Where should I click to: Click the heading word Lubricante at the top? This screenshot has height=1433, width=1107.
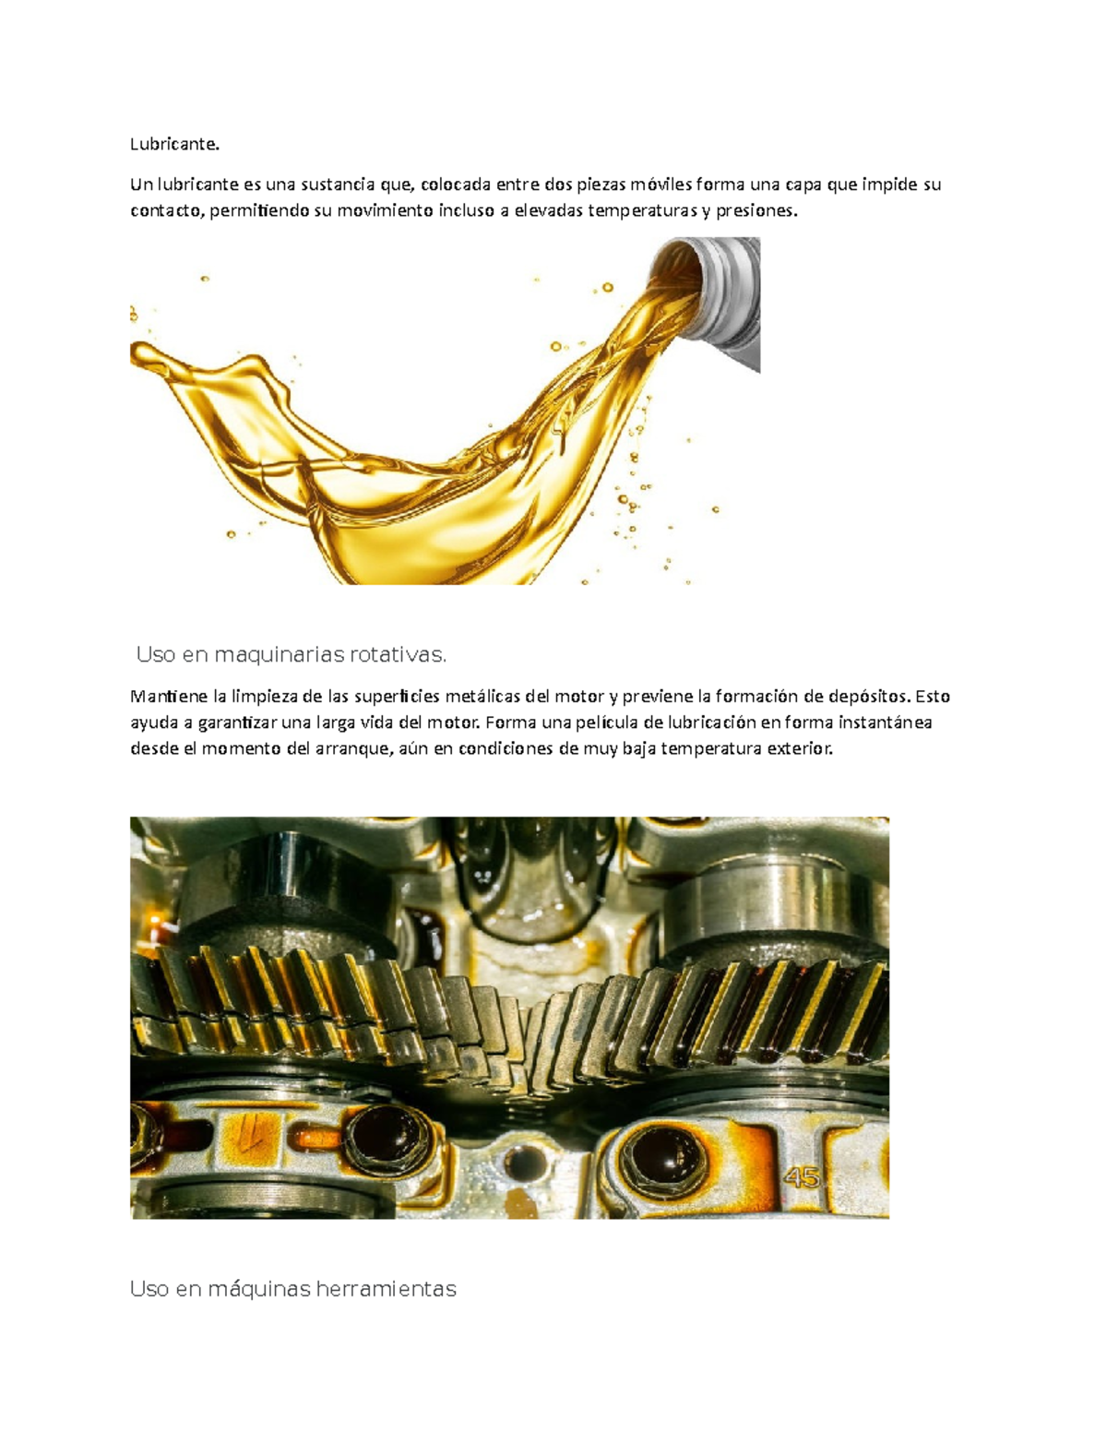point(174,144)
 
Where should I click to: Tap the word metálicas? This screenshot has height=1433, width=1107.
point(476,696)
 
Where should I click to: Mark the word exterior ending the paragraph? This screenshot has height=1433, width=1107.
point(803,748)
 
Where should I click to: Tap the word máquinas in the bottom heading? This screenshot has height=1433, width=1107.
point(259,1289)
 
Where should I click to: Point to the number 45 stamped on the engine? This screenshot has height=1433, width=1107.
point(802,1177)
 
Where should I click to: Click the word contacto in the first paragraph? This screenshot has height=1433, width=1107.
point(167,210)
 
